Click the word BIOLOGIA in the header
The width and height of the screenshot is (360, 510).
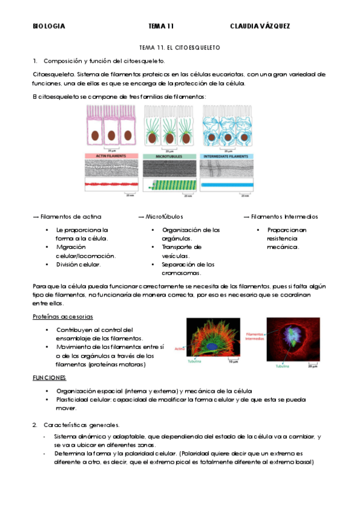coord(49,26)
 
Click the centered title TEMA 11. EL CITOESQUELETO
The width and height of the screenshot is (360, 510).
coord(180,46)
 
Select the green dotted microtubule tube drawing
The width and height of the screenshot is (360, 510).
coord(170,185)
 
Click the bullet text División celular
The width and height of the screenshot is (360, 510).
coord(78,264)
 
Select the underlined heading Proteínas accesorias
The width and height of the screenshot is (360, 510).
coord(63,316)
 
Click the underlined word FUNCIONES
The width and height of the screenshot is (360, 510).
coord(49,378)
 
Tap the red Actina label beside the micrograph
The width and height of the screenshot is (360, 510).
coord(179,348)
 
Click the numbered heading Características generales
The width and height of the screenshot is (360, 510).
coord(81,425)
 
